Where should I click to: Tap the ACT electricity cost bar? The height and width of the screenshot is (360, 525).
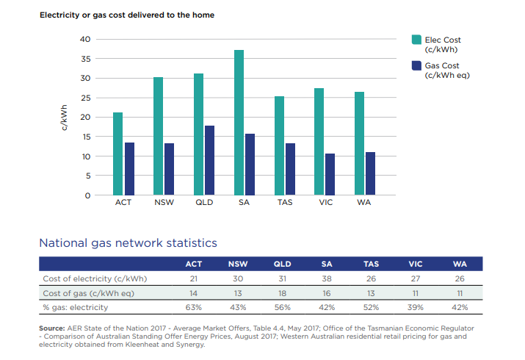click(117, 154)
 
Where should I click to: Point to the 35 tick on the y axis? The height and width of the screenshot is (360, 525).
click(86, 59)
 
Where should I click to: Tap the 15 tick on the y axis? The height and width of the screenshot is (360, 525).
click(86, 137)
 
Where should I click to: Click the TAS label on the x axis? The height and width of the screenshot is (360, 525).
click(284, 202)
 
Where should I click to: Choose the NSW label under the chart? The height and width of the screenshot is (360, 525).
click(163, 202)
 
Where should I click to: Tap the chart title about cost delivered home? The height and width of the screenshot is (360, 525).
click(126, 15)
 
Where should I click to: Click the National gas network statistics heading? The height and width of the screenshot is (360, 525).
click(128, 242)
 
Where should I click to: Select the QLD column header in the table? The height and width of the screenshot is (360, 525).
click(282, 264)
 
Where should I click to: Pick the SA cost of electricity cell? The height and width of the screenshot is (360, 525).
click(326, 278)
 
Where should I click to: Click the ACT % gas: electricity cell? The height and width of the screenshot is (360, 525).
click(194, 306)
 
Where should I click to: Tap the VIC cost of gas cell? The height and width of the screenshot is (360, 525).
click(416, 292)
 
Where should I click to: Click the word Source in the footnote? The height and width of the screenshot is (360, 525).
click(52, 327)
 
